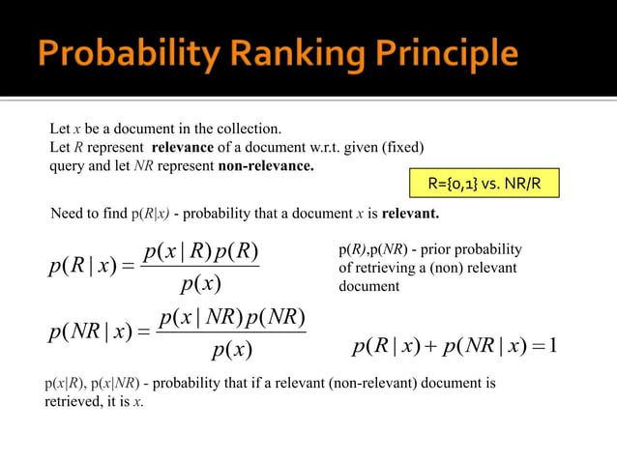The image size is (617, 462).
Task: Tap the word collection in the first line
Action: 241,129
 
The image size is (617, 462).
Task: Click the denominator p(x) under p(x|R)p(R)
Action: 201,284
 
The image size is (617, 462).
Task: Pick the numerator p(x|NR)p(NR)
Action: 232,318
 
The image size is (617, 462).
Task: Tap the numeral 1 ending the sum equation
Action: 552,345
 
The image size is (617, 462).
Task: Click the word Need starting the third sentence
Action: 67,213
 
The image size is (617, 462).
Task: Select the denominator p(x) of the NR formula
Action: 232,350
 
